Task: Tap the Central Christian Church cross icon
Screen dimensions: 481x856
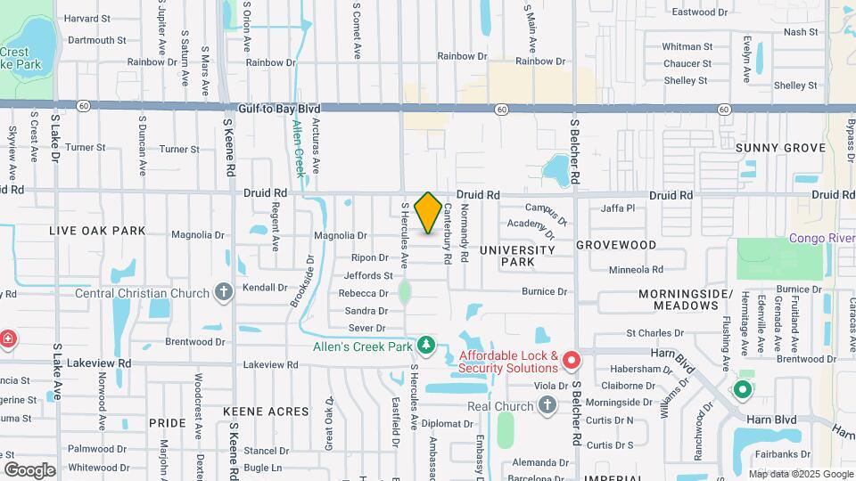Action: pyautogui.click(x=223, y=292)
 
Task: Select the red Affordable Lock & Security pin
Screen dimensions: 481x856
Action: pyautogui.click(x=571, y=361)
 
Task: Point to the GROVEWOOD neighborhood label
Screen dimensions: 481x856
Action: pyautogui.click(x=615, y=244)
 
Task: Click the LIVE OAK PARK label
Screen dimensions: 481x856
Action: pyautogui.click(x=97, y=231)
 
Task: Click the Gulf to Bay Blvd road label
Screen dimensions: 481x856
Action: pyautogui.click(x=279, y=109)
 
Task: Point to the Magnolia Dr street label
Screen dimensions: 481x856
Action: pyautogui.click(x=340, y=235)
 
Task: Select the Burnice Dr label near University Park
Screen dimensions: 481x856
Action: pyautogui.click(x=544, y=291)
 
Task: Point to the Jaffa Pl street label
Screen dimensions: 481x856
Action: pyautogui.click(x=618, y=208)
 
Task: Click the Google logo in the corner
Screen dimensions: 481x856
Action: pyautogui.click(x=29, y=469)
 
